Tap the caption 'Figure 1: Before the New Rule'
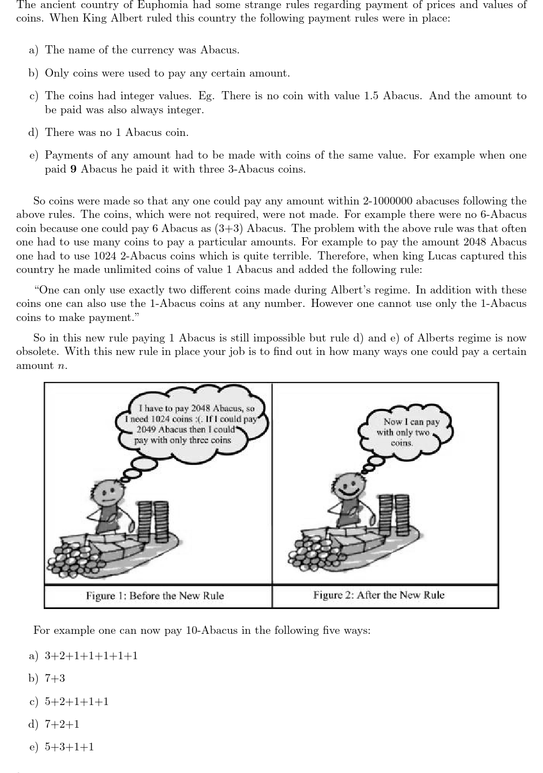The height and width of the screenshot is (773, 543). [155, 596]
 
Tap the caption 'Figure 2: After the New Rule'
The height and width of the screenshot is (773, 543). [379, 596]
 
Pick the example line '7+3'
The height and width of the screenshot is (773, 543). [55, 679]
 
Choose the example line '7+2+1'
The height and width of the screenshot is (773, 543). [62, 724]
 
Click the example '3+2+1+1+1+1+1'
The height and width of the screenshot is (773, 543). [91, 656]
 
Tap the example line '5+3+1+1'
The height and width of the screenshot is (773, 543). [69, 747]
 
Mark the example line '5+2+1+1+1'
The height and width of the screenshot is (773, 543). [77, 702]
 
